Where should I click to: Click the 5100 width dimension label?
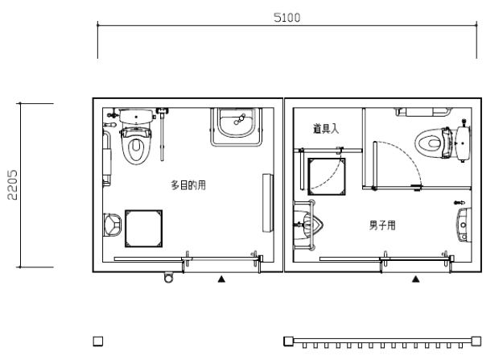point(287,18)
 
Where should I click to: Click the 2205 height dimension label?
point(12,185)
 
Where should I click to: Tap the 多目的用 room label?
point(188,185)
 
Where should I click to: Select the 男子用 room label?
point(382,226)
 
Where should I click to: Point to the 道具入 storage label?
point(326,129)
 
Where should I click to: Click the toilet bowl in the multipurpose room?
point(136,146)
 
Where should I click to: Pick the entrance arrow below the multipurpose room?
point(221,279)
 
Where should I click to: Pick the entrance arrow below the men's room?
point(416,279)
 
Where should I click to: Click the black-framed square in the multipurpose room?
point(144,229)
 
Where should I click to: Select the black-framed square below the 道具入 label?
point(327,176)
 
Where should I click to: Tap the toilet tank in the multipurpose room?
point(136,116)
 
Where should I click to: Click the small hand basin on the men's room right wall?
point(464,225)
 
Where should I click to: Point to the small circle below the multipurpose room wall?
point(168,278)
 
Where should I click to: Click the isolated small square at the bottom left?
point(98,341)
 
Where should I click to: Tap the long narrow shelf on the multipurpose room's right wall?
point(268,203)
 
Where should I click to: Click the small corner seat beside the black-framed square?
point(113,225)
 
